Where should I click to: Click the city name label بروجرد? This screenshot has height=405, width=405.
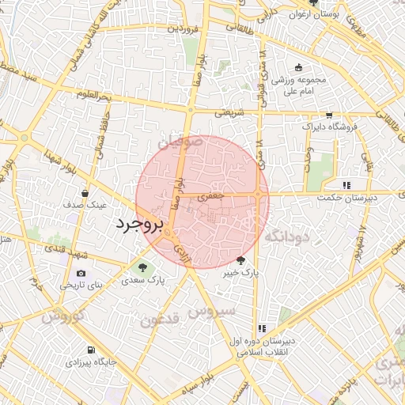(139, 225)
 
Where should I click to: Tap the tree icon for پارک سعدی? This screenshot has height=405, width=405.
(143, 267)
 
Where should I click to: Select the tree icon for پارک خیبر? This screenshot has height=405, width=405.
(240, 259)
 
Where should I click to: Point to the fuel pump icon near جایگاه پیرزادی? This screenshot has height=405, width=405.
(93, 350)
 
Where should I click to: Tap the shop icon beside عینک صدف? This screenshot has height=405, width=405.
(85, 192)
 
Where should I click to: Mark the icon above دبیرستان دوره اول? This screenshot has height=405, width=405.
(263, 328)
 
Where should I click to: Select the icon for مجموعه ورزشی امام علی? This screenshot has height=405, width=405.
(298, 67)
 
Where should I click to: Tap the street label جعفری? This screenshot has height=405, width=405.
(214, 195)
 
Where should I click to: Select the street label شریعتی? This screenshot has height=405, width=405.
(230, 112)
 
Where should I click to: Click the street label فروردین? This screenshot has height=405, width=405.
(181, 28)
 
